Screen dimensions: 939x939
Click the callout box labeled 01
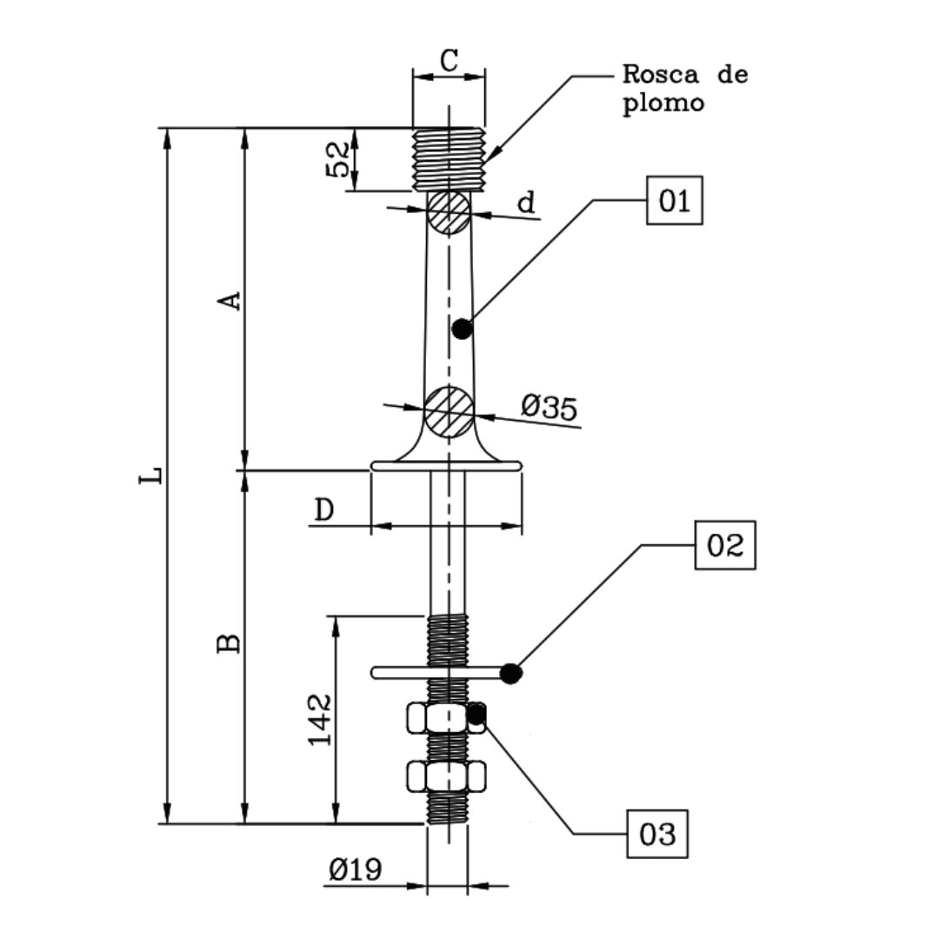click(674, 201)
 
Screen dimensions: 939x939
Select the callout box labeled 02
click(724, 545)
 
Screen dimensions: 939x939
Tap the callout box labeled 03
click(657, 834)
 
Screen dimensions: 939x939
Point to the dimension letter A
click(229, 301)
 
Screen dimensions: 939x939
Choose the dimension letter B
click(229, 643)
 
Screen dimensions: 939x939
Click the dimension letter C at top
click(449, 61)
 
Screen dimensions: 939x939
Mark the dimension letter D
click(323, 510)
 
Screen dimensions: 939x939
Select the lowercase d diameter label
click(526, 203)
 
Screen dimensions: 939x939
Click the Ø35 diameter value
click(549, 407)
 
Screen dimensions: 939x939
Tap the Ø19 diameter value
click(355, 869)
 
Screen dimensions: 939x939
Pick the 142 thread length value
click(320, 719)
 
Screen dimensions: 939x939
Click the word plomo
click(663, 103)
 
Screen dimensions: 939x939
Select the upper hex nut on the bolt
click(446, 718)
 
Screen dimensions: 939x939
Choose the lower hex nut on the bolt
click(446, 776)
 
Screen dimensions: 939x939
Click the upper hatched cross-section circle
click(449, 212)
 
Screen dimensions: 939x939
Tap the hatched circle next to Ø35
click(449, 411)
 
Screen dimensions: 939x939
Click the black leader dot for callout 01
click(463, 329)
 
